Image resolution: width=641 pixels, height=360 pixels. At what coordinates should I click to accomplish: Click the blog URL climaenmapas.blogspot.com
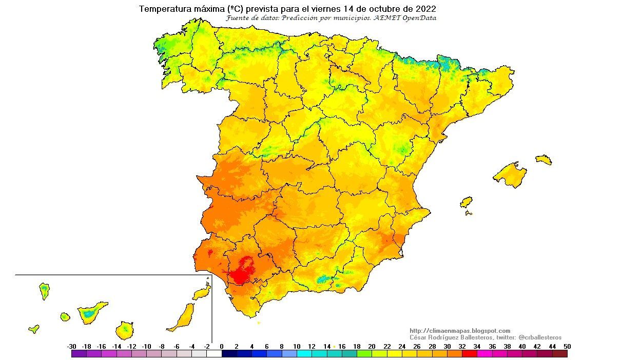pos(460,331)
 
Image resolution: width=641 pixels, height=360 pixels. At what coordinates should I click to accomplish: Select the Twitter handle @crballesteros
pos(540,337)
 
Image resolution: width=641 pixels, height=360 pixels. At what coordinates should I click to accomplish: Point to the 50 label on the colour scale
pos(567,346)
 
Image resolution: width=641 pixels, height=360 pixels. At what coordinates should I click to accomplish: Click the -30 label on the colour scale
pos(72,346)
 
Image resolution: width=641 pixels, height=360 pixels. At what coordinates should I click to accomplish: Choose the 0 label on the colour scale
pos(222,346)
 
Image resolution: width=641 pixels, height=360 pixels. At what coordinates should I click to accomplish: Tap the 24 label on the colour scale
pos(402,346)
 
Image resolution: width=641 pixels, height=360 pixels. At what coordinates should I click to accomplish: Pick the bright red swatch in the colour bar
pos(469,353)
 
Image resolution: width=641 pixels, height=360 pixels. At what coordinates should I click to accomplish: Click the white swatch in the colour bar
pos(214,353)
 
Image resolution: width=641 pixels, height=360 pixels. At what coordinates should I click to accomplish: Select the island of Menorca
pos(543,159)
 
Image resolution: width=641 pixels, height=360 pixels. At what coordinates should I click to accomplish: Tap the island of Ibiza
pos(466,202)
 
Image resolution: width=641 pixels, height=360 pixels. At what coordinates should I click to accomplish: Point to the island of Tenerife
pos(92,311)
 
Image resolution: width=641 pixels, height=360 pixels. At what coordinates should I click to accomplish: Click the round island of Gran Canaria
pos(125,330)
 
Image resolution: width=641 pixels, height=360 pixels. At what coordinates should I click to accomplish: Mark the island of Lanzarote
pos(202,292)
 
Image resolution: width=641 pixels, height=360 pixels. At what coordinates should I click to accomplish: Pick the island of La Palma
pos(45,290)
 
